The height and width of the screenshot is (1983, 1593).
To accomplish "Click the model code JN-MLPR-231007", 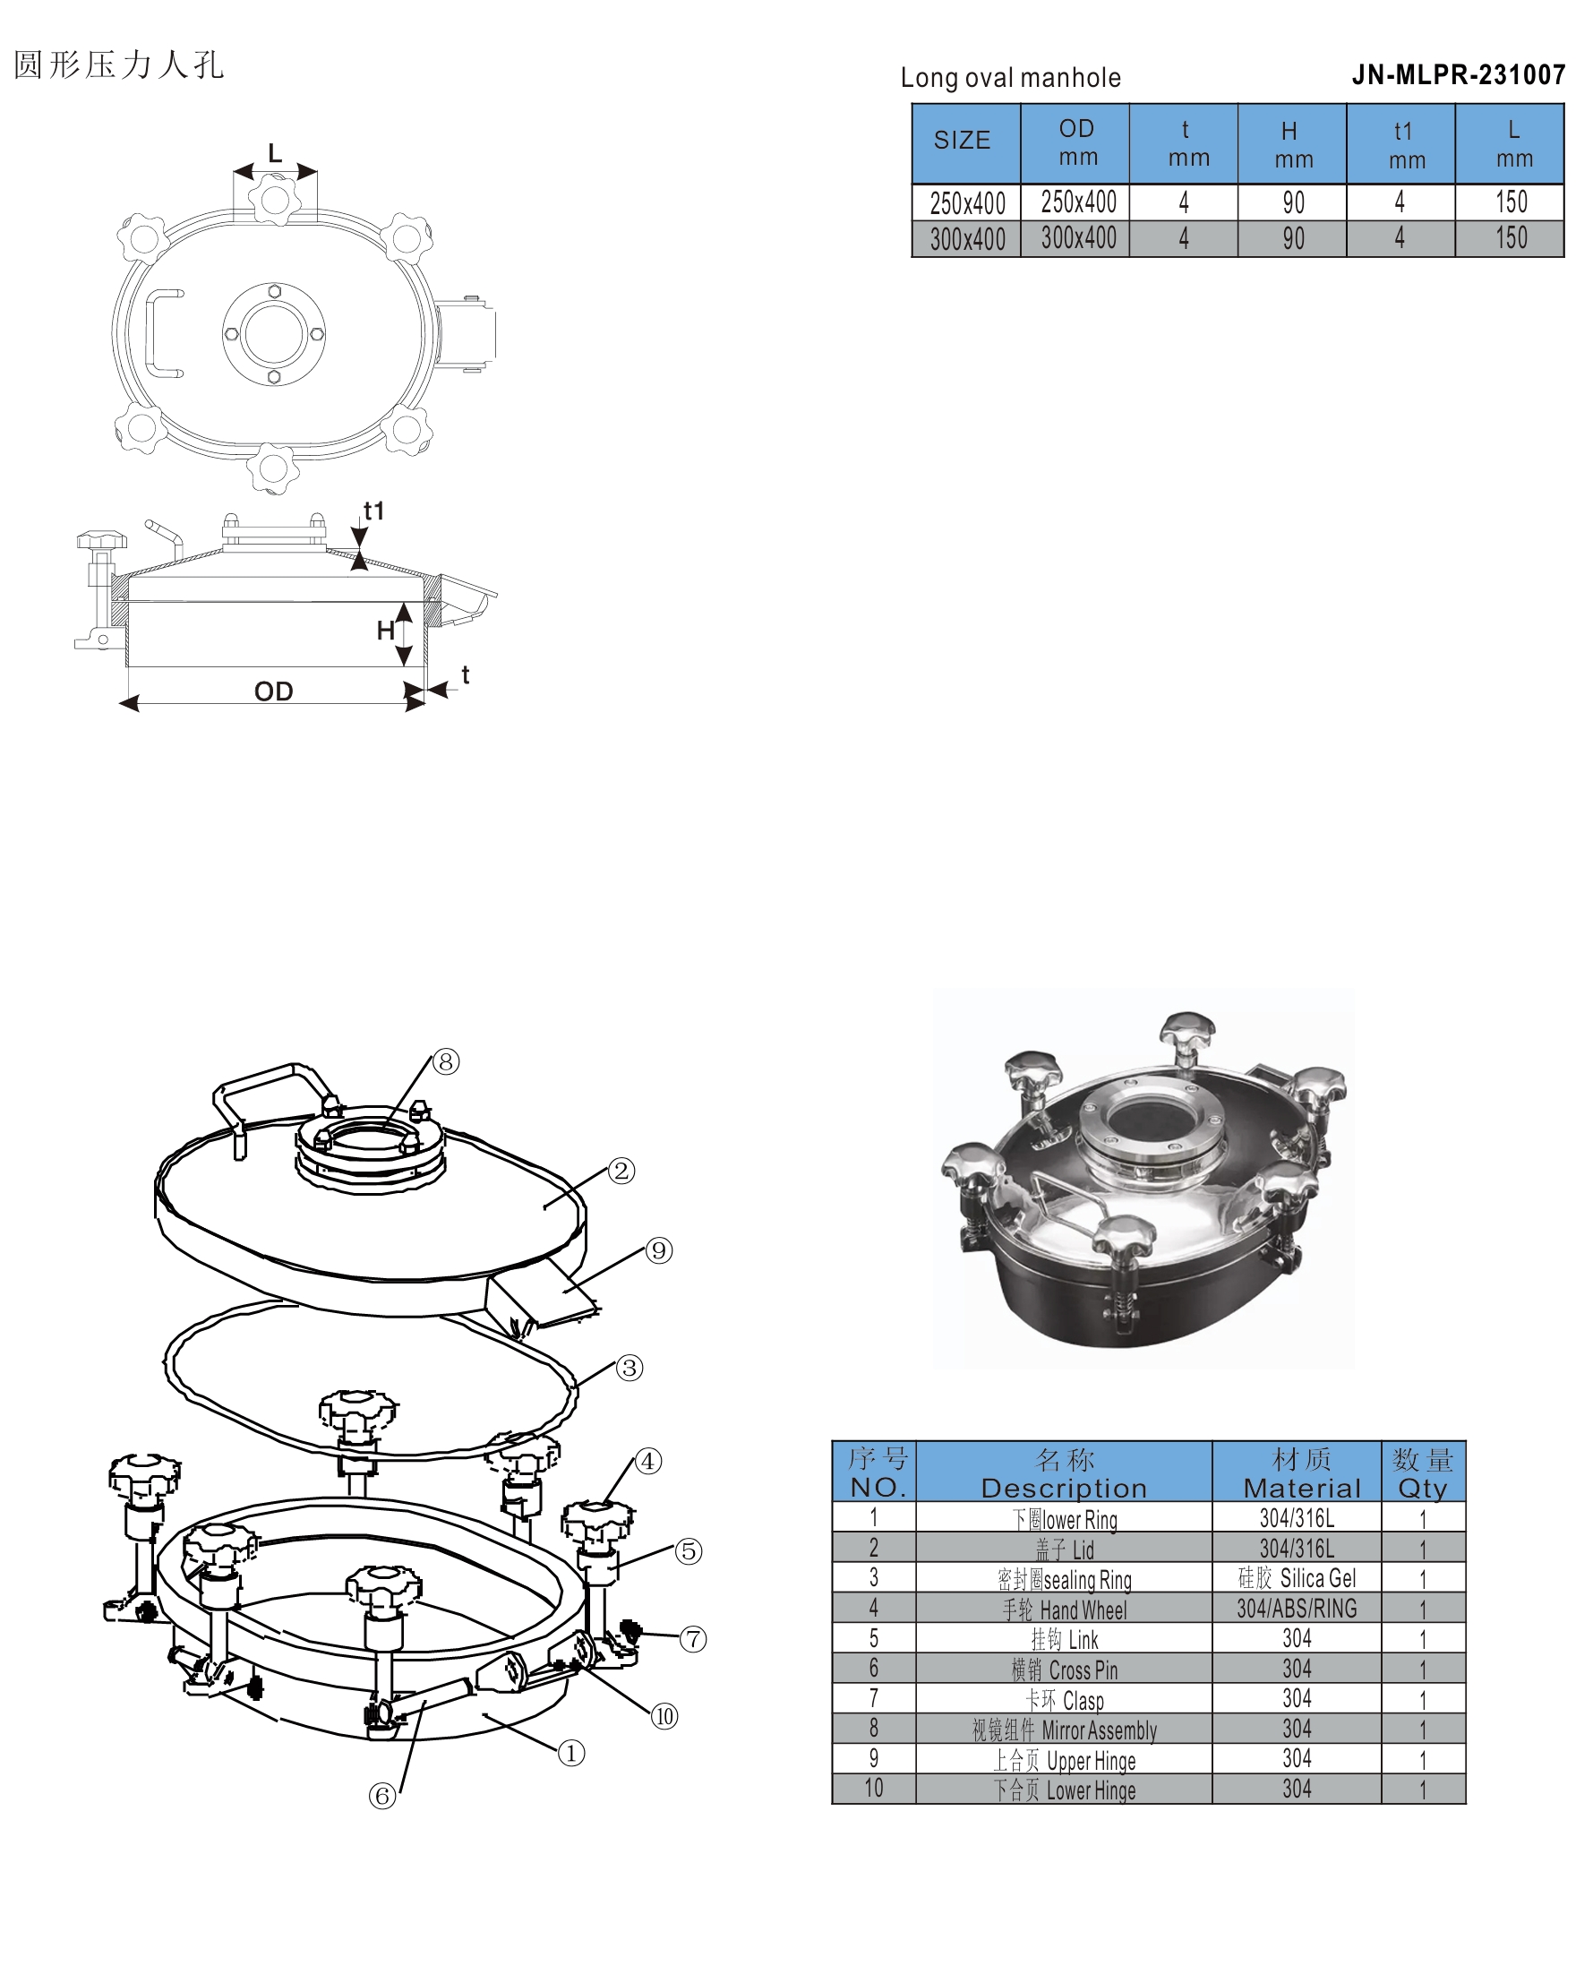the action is [x=1458, y=74].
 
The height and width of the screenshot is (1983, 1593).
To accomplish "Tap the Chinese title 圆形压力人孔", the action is [x=119, y=65].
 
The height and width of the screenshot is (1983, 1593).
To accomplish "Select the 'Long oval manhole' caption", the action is [x=1010, y=77].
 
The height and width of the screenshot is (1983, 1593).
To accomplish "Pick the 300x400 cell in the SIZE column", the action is [x=967, y=239].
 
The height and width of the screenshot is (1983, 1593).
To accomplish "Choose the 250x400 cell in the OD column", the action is [x=1078, y=202].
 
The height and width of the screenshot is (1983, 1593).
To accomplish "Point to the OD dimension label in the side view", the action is [x=273, y=691].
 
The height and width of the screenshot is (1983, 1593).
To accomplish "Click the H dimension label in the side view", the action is [x=385, y=630].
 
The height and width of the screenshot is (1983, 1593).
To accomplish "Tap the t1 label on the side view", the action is [x=373, y=511].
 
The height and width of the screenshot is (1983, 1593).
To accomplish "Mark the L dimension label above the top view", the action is [x=275, y=152].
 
